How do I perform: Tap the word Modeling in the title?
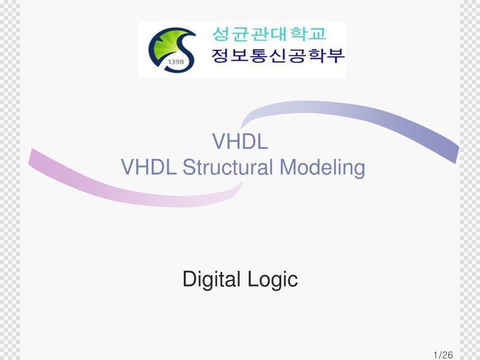[322, 168]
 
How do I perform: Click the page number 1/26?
[443, 355]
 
